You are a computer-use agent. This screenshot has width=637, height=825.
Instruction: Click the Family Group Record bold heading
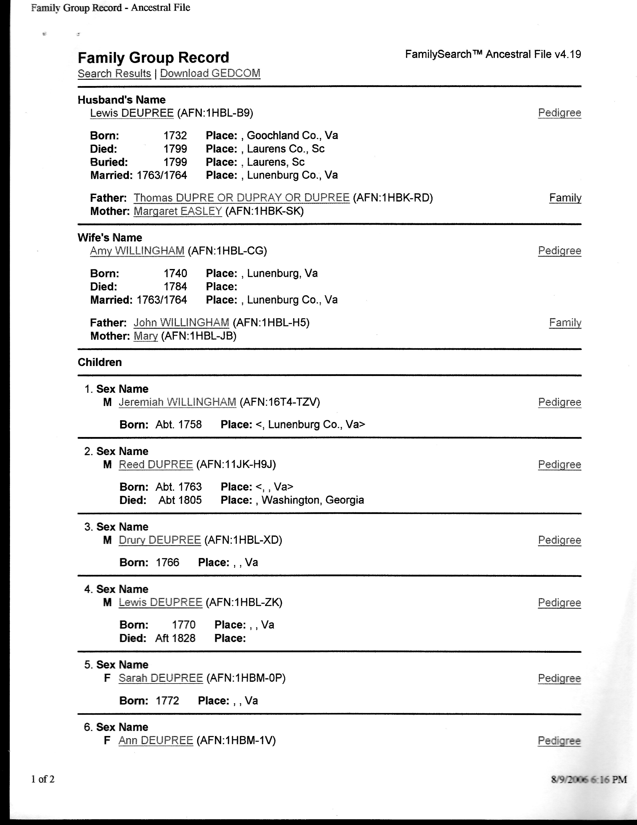(x=153, y=57)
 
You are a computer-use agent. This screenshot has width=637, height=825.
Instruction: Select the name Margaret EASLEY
(x=178, y=211)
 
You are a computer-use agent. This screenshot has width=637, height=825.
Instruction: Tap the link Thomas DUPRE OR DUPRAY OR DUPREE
(x=242, y=198)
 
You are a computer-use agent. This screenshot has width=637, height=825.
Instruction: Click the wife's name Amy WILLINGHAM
(x=137, y=251)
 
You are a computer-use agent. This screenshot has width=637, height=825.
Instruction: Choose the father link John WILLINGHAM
(x=181, y=322)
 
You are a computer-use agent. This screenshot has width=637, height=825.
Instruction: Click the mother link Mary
(x=145, y=336)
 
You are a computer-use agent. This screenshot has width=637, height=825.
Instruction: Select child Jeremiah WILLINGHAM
(x=177, y=402)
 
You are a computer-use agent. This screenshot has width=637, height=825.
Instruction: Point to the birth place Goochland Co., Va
(x=292, y=135)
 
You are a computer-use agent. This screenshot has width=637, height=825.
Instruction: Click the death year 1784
(x=175, y=287)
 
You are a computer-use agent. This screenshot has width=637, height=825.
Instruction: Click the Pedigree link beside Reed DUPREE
(x=559, y=465)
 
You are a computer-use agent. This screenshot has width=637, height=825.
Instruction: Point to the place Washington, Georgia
(x=313, y=500)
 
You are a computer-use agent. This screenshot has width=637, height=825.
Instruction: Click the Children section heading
(x=100, y=362)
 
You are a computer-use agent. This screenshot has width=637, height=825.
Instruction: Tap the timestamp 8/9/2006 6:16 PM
(x=589, y=779)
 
